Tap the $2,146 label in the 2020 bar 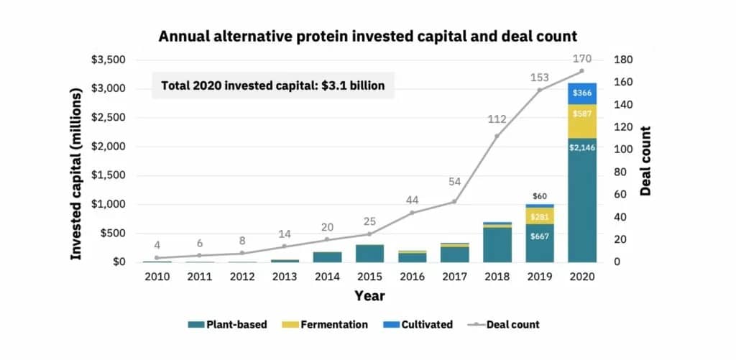581,147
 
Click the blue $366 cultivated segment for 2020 581,93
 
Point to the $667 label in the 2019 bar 539,237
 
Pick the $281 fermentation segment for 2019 539,216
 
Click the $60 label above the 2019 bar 539,196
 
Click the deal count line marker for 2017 454,201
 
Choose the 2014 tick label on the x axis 327,277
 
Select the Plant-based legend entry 228,324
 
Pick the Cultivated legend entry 419,324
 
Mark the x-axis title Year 369,296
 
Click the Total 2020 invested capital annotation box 273,86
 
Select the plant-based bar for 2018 497,245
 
